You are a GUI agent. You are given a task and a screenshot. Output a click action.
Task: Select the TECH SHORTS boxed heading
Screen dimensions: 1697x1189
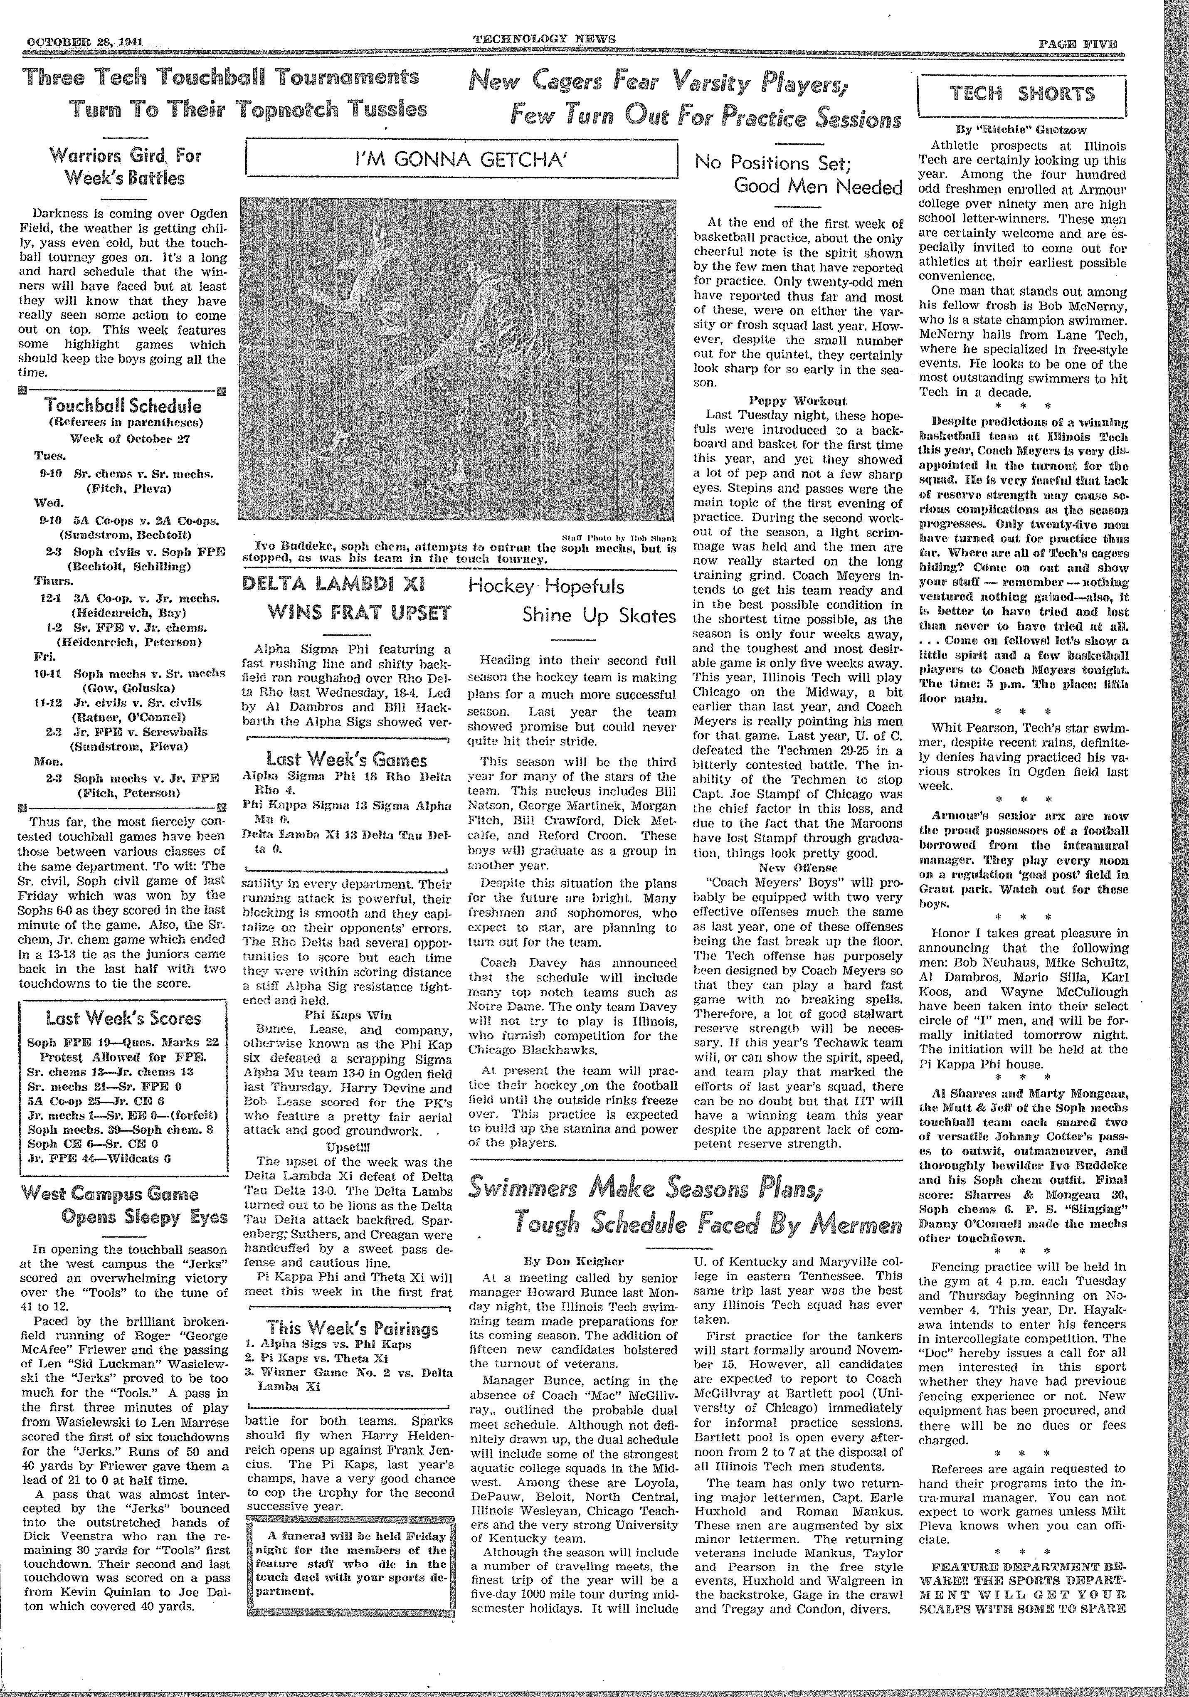[1022, 94]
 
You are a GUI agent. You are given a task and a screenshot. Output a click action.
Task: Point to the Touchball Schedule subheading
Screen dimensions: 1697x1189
[123, 406]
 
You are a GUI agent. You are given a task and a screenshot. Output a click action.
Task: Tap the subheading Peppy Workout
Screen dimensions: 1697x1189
[797, 401]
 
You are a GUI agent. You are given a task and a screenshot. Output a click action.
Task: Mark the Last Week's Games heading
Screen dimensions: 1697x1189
[347, 760]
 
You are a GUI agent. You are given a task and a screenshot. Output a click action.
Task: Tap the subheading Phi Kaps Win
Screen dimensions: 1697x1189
[347, 1016]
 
